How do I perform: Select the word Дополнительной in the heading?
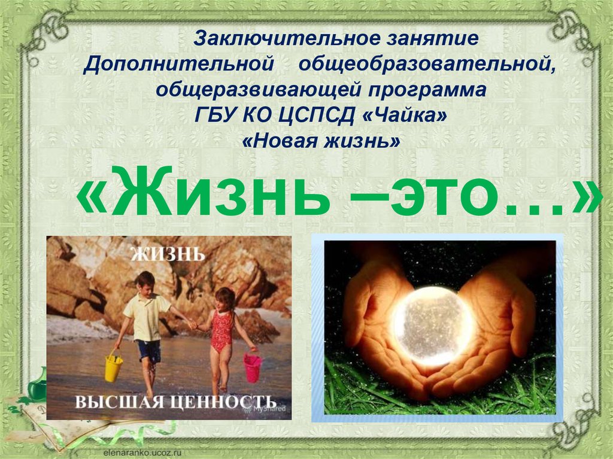coord(178,64)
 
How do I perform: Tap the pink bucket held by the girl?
coord(252,367)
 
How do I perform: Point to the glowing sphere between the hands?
coord(432,326)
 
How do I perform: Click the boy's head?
coord(145,281)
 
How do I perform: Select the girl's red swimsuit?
coord(222,331)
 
